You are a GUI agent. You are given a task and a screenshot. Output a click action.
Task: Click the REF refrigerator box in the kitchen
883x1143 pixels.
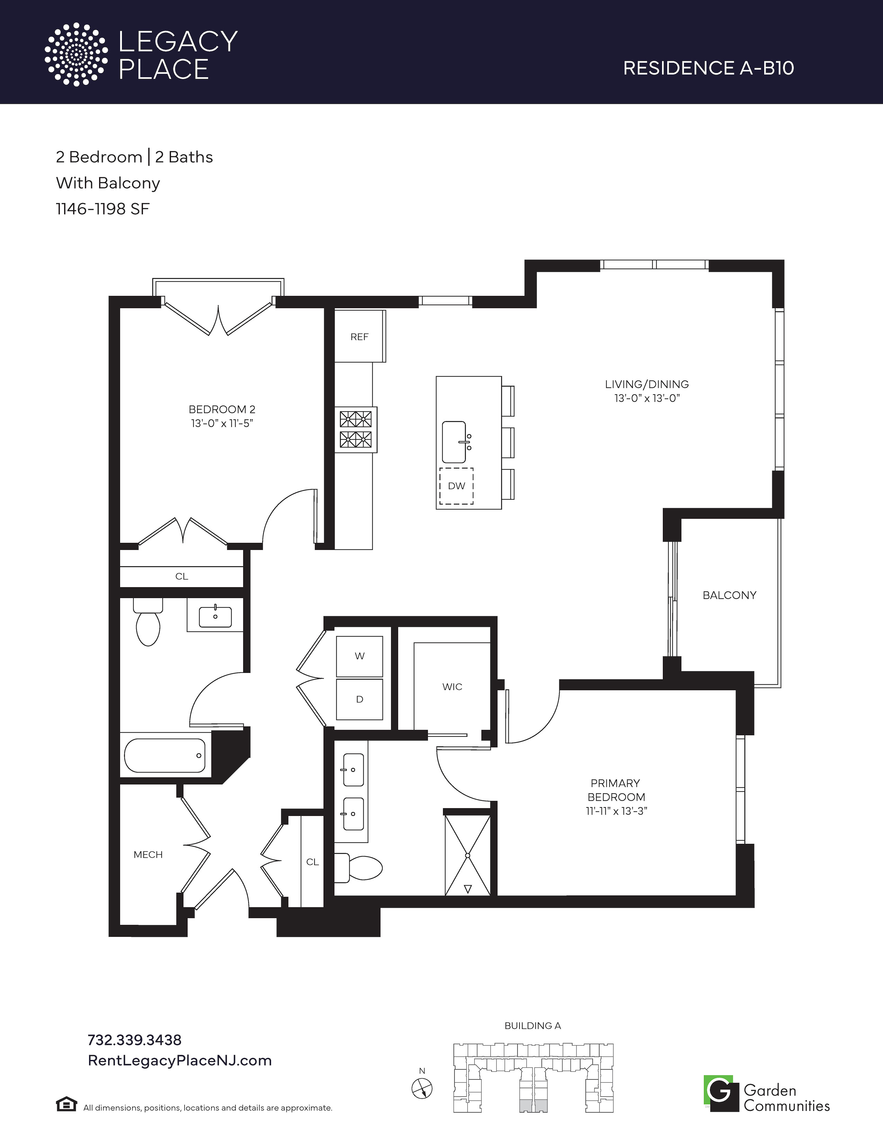[x=360, y=336]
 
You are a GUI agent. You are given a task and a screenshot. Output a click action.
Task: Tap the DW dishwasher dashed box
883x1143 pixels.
[x=456, y=486]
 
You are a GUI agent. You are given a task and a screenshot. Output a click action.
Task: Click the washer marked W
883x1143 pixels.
[x=359, y=656]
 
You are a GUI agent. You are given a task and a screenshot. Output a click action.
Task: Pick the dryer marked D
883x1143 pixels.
[x=359, y=699]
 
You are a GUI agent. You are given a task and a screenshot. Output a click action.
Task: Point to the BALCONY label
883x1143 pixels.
[x=729, y=595]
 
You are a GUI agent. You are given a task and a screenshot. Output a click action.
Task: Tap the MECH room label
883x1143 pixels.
[x=148, y=854]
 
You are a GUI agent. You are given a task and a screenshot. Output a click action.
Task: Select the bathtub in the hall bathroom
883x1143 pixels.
[x=165, y=755]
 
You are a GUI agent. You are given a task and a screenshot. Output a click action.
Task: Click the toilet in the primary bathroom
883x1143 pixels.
[x=359, y=867]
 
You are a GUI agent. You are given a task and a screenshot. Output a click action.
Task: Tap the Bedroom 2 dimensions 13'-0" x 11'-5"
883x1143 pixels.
[x=222, y=423]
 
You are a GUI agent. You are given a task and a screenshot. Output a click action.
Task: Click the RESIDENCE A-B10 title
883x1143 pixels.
[x=709, y=68]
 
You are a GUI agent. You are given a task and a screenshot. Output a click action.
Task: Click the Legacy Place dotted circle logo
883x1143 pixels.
[x=76, y=54]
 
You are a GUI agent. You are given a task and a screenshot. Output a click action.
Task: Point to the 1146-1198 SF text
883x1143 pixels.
[x=102, y=209]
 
